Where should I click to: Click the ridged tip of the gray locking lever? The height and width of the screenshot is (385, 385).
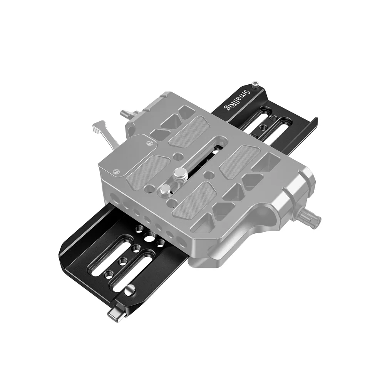(x=99, y=128)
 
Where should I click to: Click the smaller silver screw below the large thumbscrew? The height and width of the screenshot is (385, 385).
(x=164, y=189)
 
